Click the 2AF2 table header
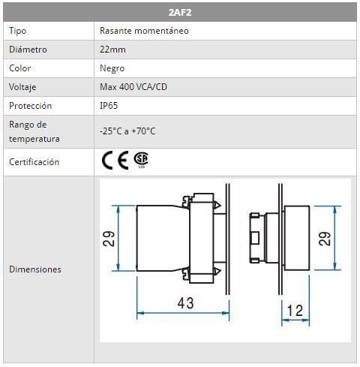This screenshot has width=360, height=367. coord(180,12)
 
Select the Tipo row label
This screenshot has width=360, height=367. coord(17,31)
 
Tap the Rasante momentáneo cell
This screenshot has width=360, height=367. coord(144,31)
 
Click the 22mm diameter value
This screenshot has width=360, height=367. coord(112,50)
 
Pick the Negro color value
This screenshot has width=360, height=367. coord(112,68)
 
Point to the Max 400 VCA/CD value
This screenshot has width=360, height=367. coord(133,87)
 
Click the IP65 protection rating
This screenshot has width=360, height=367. coord(109,106)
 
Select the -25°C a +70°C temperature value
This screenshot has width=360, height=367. coord(127,131)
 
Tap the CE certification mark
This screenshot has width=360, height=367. coord(115,160)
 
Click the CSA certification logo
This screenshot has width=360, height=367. coord(141,160)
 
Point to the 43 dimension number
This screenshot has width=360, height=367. coord(185,303)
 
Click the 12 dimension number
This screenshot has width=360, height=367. coord(295,311)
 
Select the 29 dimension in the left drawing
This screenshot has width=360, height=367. coord(109,239)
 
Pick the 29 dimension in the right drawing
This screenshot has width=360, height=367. coord(325,239)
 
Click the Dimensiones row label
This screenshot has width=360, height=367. coord(35,269)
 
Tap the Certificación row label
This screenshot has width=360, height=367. coord(34,162)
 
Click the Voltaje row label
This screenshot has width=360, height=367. coord(22,87)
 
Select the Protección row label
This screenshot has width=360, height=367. coord(30,106)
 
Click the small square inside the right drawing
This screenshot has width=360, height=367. coord(255,238)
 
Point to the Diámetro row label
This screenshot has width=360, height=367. coord(28,50)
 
